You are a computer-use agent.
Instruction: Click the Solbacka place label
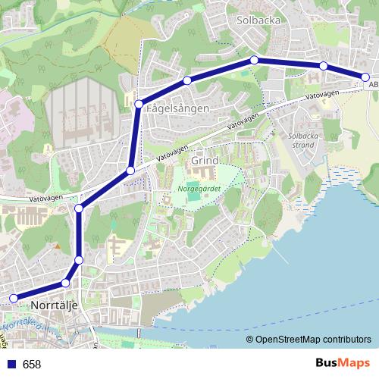(x=259, y=20)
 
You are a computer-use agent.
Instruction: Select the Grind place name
(x=205, y=161)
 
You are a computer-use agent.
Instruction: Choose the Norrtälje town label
(x=56, y=305)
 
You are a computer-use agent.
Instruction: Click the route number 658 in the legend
(x=32, y=365)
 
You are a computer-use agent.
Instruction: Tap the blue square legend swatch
(x=11, y=365)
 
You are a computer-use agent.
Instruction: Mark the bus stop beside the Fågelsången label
(x=139, y=104)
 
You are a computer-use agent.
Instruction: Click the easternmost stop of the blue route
(x=365, y=77)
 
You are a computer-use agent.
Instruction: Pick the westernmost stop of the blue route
(x=12, y=299)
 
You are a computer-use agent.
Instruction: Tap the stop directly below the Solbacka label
(x=255, y=60)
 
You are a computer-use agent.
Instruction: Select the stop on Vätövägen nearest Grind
(x=130, y=171)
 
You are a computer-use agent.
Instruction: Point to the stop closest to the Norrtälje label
(x=65, y=283)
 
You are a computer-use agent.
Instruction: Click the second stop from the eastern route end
(x=323, y=66)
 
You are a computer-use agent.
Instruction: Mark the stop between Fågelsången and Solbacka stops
(x=186, y=80)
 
